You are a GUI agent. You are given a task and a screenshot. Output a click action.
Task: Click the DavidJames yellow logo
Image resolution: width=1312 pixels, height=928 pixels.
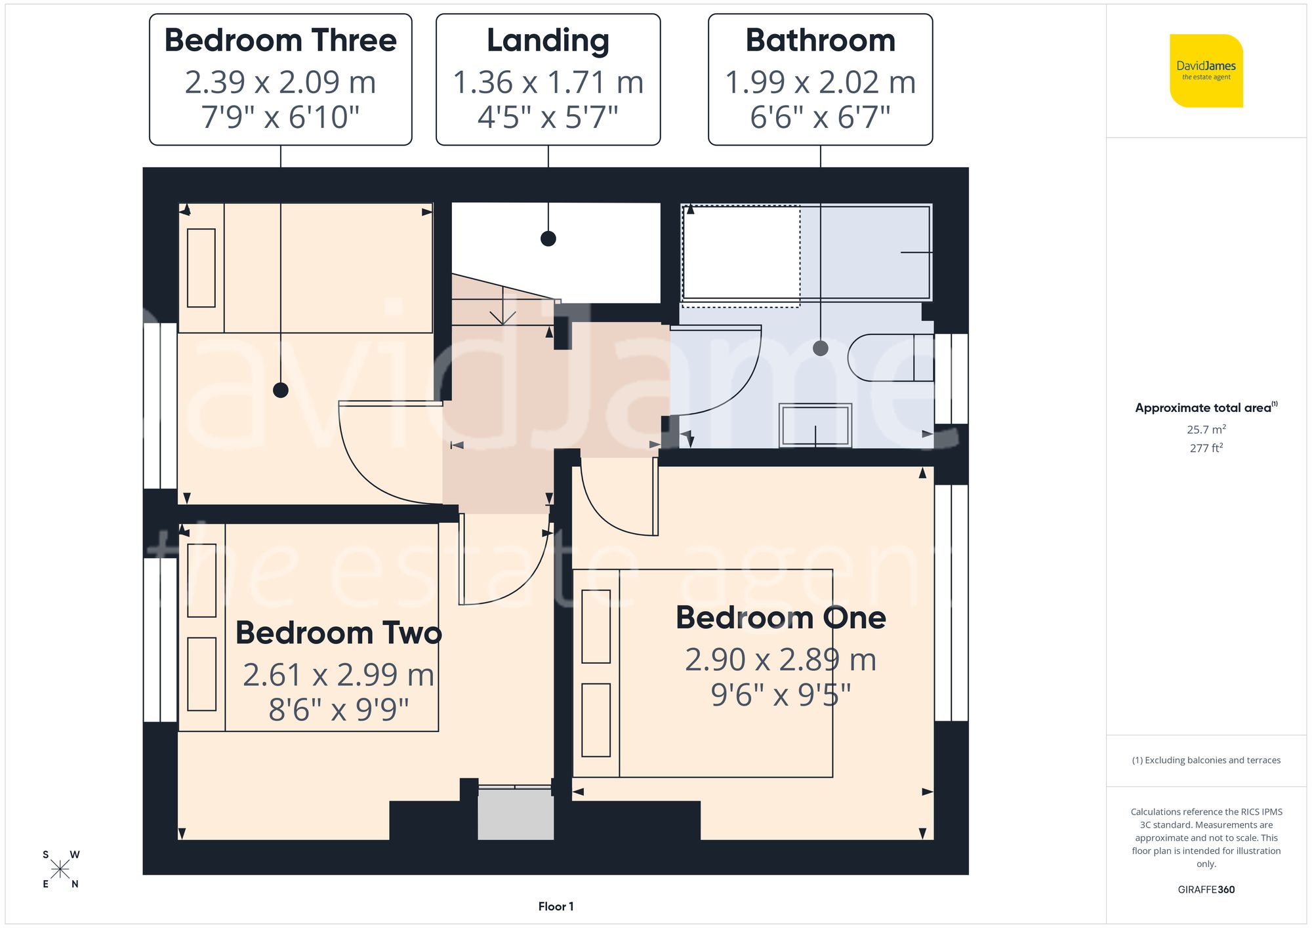point(1206,71)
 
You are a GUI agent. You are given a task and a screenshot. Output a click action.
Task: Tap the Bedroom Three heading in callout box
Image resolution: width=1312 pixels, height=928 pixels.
point(281,41)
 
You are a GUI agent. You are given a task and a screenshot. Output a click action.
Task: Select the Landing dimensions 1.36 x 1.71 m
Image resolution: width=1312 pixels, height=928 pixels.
point(548,83)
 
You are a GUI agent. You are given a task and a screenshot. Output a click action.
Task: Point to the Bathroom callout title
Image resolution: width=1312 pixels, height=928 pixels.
point(820,41)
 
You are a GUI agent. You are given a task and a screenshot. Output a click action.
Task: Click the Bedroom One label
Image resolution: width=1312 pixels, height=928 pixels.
point(781,618)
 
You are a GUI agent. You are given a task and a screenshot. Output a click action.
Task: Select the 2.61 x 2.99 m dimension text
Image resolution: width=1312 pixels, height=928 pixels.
point(338,675)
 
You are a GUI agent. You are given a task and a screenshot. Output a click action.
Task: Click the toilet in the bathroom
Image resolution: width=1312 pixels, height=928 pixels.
point(889,358)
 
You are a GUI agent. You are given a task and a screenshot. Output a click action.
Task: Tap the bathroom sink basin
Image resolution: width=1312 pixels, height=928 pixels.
point(815,426)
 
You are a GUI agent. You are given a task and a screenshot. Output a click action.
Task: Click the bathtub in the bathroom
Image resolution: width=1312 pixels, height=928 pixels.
point(806,252)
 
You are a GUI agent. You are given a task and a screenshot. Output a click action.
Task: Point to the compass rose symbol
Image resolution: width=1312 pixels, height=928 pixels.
point(60,870)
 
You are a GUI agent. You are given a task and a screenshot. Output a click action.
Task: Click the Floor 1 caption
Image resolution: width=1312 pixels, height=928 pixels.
point(556,906)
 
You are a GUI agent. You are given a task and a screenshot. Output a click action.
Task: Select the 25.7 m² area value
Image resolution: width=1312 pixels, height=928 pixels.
point(1206,430)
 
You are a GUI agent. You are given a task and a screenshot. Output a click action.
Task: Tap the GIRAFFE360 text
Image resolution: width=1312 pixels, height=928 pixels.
point(1206,890)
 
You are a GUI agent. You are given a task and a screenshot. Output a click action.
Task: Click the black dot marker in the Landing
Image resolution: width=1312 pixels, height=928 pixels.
point(548,239)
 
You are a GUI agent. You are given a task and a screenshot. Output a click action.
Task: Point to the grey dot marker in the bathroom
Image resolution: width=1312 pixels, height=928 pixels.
point(820,348)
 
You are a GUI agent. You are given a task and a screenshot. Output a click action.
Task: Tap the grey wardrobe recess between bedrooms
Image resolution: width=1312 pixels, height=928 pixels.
point(516,814)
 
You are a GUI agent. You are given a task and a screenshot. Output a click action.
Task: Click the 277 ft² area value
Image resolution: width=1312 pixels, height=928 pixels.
point(1206,448)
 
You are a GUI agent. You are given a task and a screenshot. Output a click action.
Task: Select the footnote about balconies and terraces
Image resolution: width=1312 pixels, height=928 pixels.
point(1206,760)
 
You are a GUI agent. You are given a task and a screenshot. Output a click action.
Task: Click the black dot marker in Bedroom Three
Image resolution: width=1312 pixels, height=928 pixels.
point(281,390)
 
